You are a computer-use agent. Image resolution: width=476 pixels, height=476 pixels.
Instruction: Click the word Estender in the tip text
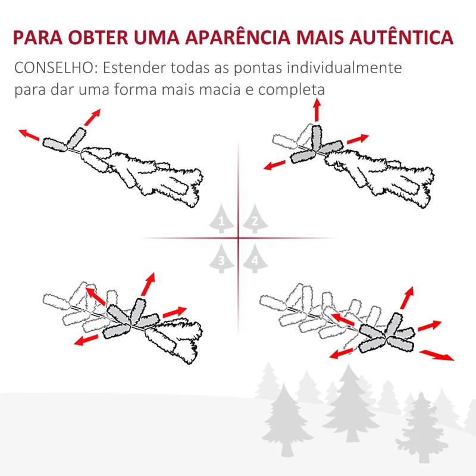[x=133, y=67]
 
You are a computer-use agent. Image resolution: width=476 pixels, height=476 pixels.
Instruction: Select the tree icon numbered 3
[x=221, y=259]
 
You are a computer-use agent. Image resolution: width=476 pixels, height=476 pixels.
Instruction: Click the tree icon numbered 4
[x=255, y=259]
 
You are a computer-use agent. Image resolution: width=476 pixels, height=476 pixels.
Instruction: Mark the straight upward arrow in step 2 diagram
[x=317, y=110]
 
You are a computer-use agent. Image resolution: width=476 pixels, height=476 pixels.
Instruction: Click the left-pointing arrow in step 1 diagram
[x=29, y=134]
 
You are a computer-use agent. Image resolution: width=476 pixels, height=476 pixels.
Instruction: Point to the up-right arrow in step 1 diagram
[x=92, y=117]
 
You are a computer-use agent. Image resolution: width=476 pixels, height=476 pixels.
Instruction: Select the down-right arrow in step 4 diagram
[x=436, y=355]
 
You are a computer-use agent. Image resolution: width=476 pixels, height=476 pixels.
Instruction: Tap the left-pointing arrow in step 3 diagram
[x=87, y=339]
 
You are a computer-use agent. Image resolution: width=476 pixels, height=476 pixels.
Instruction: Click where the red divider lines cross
[x=238, y=239]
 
